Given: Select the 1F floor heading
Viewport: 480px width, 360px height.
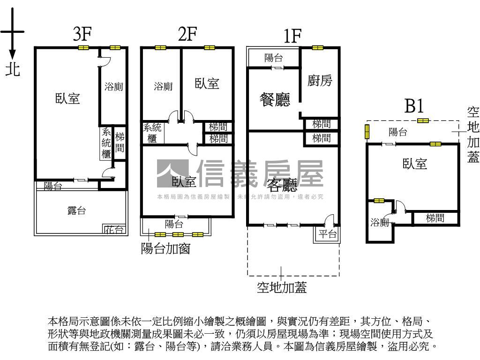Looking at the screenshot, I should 292,36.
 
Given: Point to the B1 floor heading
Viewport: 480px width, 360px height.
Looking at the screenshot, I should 414,106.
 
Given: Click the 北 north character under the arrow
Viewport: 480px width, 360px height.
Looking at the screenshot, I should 13,70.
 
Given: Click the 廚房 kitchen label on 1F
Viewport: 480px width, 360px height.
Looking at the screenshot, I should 320,81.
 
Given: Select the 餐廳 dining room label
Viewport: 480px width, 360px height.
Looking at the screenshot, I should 275,99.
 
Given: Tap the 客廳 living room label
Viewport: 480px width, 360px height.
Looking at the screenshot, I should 282,186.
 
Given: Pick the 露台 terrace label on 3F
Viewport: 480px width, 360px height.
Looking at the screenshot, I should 76,210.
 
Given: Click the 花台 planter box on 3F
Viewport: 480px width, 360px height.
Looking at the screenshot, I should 114,229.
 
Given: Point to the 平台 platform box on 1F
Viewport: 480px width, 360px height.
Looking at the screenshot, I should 328,234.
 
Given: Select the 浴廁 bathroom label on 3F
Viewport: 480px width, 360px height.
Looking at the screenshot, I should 113,87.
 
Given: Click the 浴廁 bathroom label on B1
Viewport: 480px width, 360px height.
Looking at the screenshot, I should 380,223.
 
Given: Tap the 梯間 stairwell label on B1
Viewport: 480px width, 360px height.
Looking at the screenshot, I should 435,218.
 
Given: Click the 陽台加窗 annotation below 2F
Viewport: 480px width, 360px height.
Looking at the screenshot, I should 165,248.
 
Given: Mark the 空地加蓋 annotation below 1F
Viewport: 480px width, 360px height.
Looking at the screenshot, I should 282,287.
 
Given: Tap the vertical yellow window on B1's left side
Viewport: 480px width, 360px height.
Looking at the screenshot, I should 367,132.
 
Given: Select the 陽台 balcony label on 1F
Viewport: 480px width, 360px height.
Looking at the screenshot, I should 273,58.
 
